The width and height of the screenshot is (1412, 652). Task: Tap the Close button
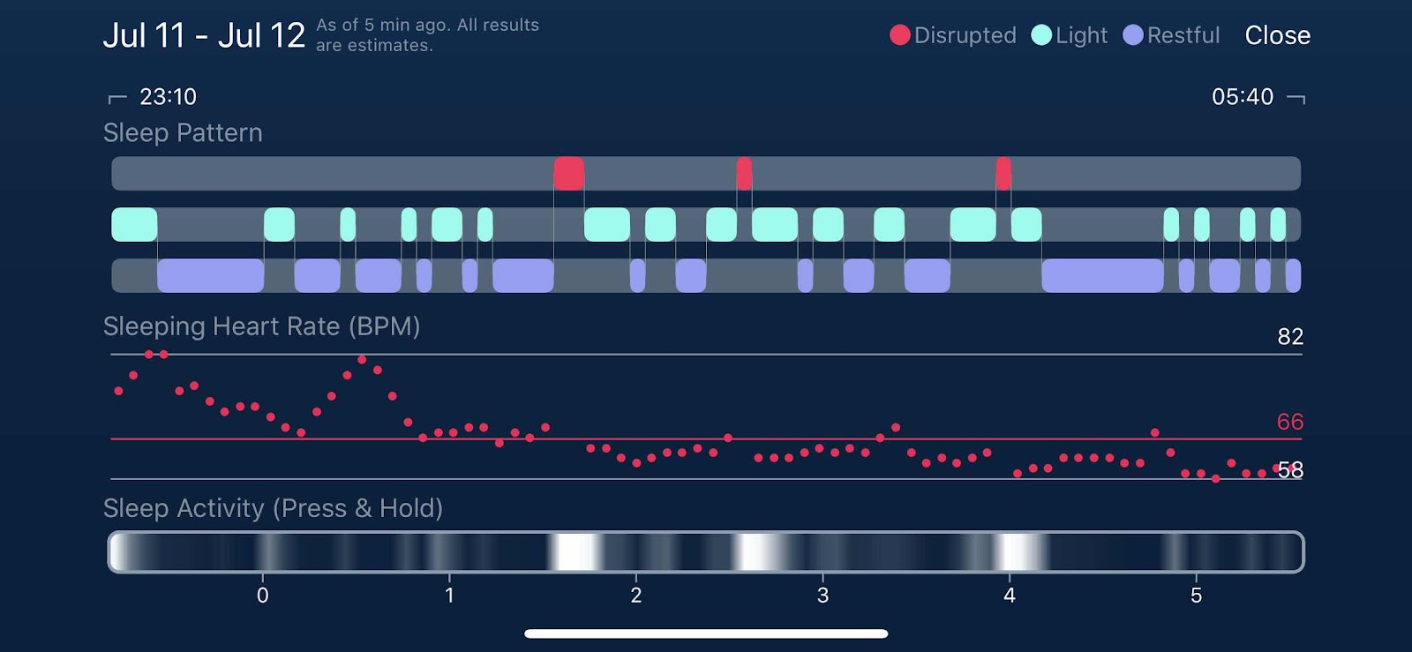click(x=1277, y=35)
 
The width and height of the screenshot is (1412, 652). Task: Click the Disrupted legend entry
click(x=952, y=35)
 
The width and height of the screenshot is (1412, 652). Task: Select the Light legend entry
click(x=1069, y=35)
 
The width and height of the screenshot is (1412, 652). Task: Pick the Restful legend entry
click(x=1171, y=35)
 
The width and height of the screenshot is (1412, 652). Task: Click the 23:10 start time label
click(x=168, y=96)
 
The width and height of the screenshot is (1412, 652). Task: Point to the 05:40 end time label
click(x=1243, y=96)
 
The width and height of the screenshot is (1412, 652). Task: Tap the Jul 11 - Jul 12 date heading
click(x=204, y=35)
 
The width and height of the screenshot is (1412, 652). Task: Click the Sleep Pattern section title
click(x=183, y=133)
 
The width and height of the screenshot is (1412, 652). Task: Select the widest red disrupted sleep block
click(x=568, y=173)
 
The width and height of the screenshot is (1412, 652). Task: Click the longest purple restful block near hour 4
click(x=1102, y=275)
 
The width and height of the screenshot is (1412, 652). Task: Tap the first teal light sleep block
click(x=134, y=224)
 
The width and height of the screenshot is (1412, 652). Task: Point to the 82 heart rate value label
click(x=1290, y=336)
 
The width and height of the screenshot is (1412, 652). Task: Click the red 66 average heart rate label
click(x=1289, y=422)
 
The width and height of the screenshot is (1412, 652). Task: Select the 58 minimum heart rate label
click(x=1290, y=470)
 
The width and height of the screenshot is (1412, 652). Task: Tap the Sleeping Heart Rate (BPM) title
click(x=261, y=326)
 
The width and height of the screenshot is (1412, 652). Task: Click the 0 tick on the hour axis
click(x=263, y=595)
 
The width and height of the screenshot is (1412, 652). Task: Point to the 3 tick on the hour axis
click(x=822, y=595)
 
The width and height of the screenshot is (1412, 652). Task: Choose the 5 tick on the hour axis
click(x=1196, y=595)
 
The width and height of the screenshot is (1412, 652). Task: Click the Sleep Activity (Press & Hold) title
click(x=273, y=507)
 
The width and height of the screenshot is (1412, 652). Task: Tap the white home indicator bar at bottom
click(x=706, y=633)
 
